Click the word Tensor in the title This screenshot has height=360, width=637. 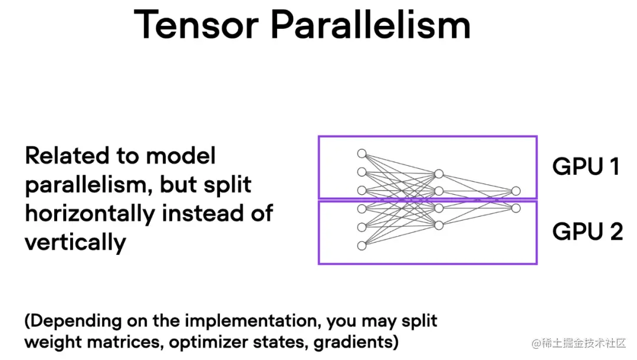click(196, 25)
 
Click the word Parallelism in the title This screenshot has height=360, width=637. click(370, 25)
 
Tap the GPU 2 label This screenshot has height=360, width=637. click(587, 231)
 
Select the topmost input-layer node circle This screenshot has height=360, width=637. click(362, 153)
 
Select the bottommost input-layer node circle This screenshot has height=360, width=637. click(362, 246)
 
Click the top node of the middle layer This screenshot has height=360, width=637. click(438, 174)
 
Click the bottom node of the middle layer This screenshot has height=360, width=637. click(438, 225)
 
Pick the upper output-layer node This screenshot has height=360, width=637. click(516, 191)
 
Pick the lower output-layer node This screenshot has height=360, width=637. click(516, 208)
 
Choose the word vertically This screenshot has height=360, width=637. click(75, 242)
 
